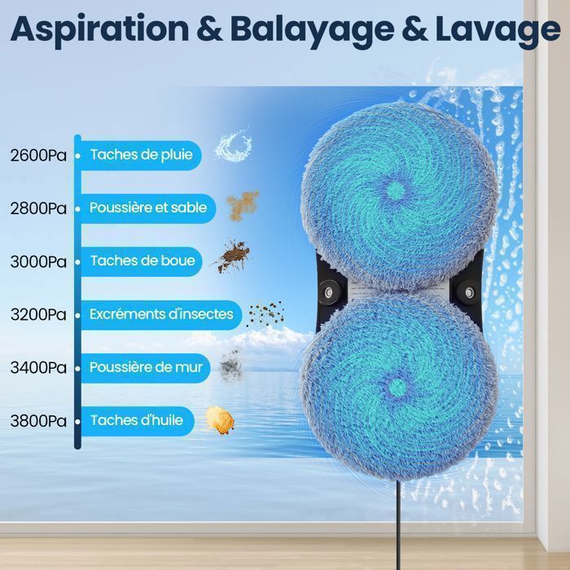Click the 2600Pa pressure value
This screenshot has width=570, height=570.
(x=38, y=155)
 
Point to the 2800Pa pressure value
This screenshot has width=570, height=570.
(x=38, y=208)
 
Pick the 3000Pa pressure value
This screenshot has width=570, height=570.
(x=38, y=261)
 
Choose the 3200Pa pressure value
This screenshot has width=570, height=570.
(x=38, y=314)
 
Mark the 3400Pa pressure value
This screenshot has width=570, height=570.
(x=38, y=368)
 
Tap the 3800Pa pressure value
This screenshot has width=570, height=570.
(x=38, y=421)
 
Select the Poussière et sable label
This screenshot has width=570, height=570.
(x=148, y=208)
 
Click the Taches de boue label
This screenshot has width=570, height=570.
(x=142, y=261)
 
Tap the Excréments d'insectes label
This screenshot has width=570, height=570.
(x=161, y=314)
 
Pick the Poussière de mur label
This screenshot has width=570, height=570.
(x=147, y=368)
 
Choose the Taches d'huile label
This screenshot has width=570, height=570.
(x=137, y=421)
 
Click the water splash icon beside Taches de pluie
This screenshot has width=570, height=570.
(x=233, y=146)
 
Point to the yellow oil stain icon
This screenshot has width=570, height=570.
(x=221, y=419)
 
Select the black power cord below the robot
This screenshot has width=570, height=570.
(x=400, y=529)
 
